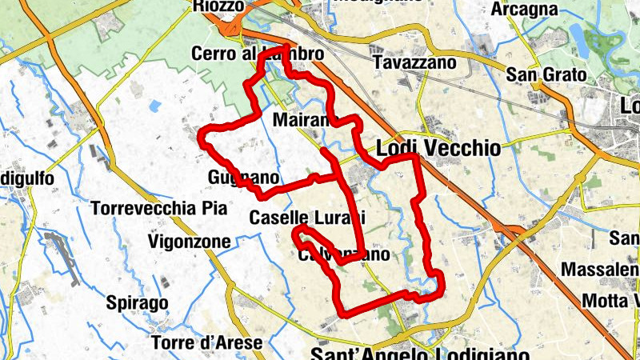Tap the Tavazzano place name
tap(414, 62)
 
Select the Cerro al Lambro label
tap(258, 54)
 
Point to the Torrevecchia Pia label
tap(160, 209)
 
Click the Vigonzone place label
tap(190, 241)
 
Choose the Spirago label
tap(137, 303)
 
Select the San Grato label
tap(546, 76)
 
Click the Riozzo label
tap(218, 6)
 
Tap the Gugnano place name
tap(243, 177)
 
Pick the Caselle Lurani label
tap(307, 217)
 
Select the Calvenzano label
tap(343, 255)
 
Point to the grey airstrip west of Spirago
tap(63, 257)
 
